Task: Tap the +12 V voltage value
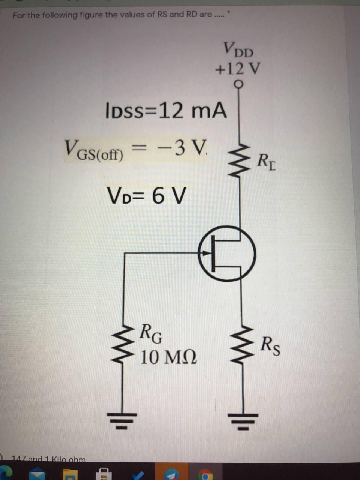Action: point(238,69)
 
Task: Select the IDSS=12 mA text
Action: point(166,111)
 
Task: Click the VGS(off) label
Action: point(94,150)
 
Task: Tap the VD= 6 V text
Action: point(146,196)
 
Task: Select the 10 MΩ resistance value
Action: point(168,357)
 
